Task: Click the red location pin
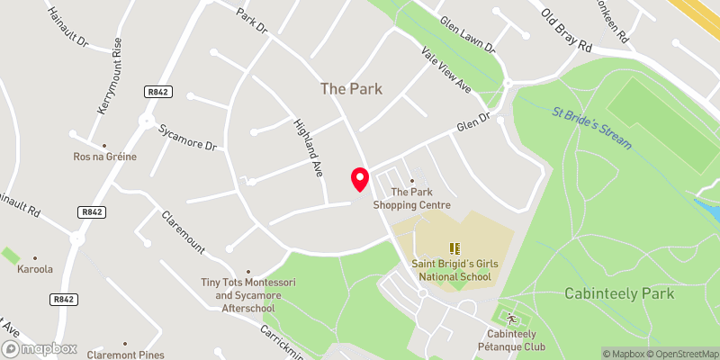tap(360, 178)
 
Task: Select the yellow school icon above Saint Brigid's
tap(454, 247)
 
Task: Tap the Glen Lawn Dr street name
tap(467, 35)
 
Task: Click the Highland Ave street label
tap(308, 148)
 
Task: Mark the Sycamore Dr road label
tap(188, 137)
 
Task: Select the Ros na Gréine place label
tap(104, 157)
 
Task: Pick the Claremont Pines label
tap(125, 355)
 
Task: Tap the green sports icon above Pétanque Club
tap(511, 318)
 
